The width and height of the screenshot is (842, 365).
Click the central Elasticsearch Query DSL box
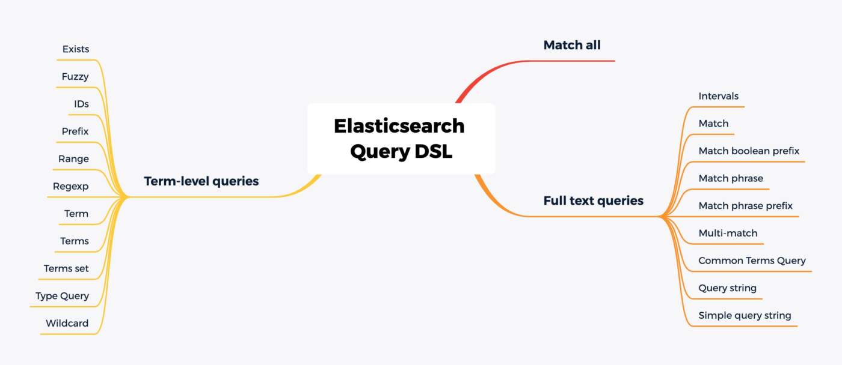click(x=401, y=139)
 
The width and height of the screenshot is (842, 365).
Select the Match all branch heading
click(x=572, y=45)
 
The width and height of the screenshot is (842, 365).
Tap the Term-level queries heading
click(x=201, y=181)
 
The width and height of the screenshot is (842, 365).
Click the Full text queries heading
click(x=593, y=201)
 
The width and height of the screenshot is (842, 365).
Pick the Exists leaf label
click(x=76, y=49)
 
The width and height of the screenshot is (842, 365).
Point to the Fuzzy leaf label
click(x=75, y=77)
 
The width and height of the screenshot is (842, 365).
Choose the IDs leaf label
click(x=81, y=104)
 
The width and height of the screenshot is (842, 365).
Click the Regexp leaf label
click(x=71, y=186)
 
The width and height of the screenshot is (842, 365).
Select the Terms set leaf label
click(x=66, y=268)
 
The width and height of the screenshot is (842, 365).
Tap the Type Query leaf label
click(x=62, y=296)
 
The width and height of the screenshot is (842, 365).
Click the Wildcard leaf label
click(x=67, y=323)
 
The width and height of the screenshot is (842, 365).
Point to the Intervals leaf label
click(x=718, y=96)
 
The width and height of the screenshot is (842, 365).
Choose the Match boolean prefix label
click(x=749, y=151)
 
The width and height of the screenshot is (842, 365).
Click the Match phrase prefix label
click(x=745, y=206)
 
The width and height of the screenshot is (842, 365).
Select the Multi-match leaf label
click(x=728, y=233)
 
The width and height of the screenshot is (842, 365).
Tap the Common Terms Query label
click(x=752, y=261)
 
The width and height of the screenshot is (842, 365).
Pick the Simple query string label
click(x=745, y=315)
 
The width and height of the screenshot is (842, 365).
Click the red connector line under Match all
click(x=571, y=61)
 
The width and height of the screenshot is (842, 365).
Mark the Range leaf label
click(x=73, y=159)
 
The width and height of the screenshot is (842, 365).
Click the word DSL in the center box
click(x=433, y=151)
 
